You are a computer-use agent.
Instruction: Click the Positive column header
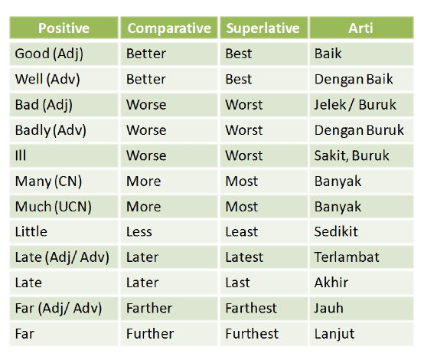click(x=64, y=28)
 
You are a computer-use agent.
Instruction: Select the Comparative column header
click(x=169, y=28)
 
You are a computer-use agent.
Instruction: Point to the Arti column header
click(x=361, y=28)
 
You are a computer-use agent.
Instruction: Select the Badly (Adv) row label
click(x=51, y=130)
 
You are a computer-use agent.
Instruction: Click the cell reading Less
click(x=142, y=232)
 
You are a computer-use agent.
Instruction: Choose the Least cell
click(x=243, y=232)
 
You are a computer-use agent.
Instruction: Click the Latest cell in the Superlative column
click(x=244, y=257)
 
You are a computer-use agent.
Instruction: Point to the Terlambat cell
click(x=347, y=257)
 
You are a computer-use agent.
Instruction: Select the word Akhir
click(x=331, y=283)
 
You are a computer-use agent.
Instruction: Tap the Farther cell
click(x=149, y=309)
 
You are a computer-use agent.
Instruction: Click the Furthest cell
click(x=250, y=334)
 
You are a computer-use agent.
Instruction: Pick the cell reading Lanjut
click(x=334, y=334)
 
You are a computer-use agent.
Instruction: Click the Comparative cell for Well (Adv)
click(x=145, y=79)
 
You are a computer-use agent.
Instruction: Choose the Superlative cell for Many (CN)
click(x=241, y=182)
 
